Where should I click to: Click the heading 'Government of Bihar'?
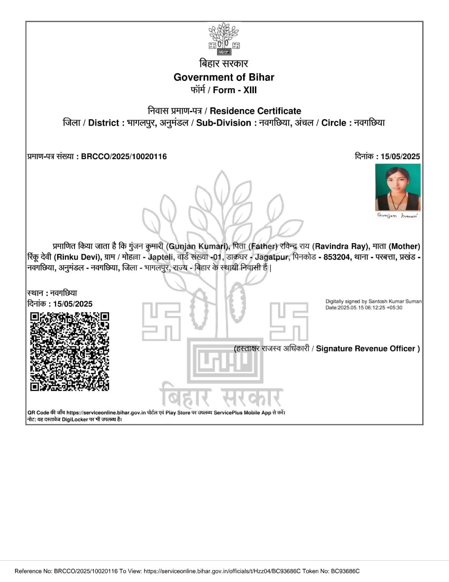[224, 77]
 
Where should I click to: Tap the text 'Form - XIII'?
[234, 90]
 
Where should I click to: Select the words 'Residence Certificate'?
[255, 111]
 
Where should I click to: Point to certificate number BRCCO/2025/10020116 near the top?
[124, 157]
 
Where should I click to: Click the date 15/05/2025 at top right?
[400, 157]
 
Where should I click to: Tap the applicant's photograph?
[398, 187]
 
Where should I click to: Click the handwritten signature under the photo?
[398, 216]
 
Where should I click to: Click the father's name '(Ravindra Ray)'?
[340, 246]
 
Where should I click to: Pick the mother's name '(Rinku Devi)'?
[77, 257]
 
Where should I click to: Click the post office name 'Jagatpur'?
[271, 257]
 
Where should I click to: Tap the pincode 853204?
[337, 257]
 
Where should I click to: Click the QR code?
[70, 351]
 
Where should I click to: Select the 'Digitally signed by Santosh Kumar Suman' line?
[373, 301]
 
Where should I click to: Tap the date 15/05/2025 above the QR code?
[73, 304]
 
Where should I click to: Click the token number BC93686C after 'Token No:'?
[345, 571]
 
